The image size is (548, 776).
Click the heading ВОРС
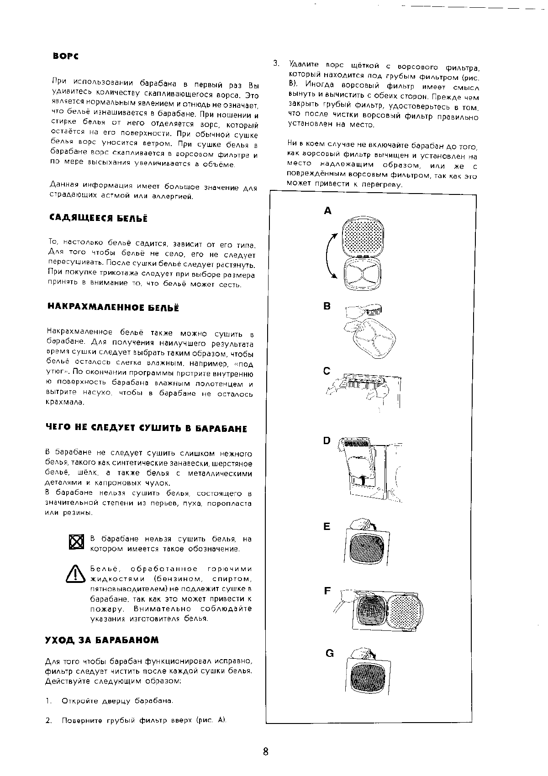[66, 56]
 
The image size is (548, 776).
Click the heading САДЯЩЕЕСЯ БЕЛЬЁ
[98, 219]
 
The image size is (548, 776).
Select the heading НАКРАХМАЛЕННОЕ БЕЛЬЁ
[113, 308]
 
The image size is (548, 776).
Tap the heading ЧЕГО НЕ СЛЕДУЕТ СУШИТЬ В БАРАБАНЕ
[146, 429]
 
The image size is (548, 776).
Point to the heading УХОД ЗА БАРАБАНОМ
[102, 640]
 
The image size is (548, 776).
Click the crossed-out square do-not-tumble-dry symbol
[77, 543]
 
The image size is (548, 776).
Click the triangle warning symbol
[76, 574]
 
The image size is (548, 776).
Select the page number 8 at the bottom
[266, 752]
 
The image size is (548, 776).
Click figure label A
[327, 211]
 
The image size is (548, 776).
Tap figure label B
[327, 306]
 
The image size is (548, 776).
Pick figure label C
[327, 371]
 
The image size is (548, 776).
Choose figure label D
[327, 440]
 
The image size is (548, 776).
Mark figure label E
[327, 526]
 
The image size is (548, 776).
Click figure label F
[327, 591]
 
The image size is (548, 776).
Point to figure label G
[329, 653]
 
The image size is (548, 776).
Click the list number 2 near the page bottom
[48, 720]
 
